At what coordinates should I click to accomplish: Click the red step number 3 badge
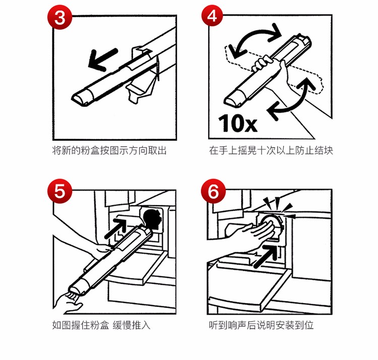coord(59,17)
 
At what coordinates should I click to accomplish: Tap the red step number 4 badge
coord(212,16)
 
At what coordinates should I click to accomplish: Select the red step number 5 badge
coord(60,191)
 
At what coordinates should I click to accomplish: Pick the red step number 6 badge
coord(213,191)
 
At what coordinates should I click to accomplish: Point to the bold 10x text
coord(238,123)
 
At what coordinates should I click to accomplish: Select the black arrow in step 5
coord(116,228)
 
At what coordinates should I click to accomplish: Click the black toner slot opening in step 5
coord(152,219)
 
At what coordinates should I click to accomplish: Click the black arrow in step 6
coord(266,256)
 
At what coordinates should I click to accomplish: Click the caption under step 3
coord(109,150)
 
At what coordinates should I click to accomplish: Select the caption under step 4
coord(271,150)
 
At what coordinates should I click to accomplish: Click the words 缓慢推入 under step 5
coord(132,325)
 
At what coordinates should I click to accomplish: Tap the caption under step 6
coord(261,325)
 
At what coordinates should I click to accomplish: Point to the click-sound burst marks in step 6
coord(280,207)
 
